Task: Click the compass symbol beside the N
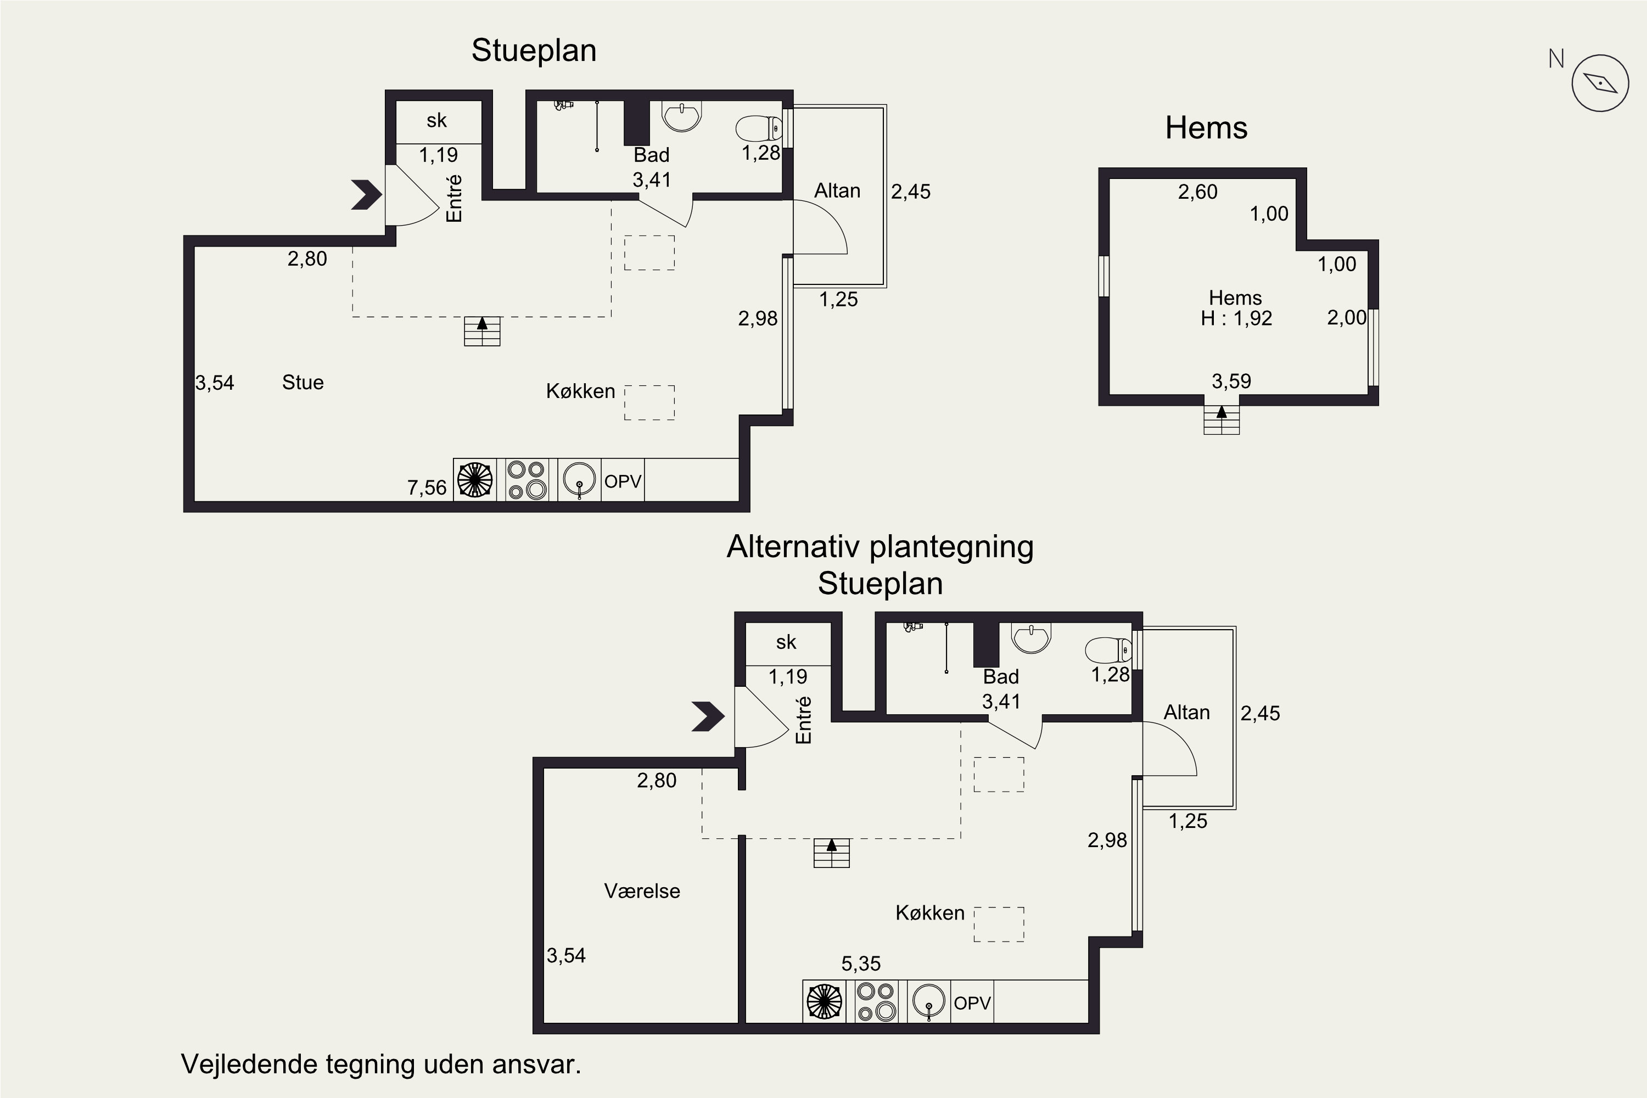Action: click(1600, 83)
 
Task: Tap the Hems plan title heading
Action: click(1206, 128)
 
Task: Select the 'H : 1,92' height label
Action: click(1236, 318)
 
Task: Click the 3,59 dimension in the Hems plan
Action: click(1231, 382)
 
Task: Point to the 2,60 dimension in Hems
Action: click(1197, 192)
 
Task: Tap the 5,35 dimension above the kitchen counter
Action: click(861, 964)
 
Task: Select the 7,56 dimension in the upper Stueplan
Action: click(427, 488)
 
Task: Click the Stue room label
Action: click(302, 382)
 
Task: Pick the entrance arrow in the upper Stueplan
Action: click(366, 195)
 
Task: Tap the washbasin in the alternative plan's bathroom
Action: click(1031, 637)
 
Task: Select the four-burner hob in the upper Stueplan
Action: click(526, 480)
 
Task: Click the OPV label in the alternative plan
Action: click(972, 1004)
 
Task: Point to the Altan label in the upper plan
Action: click(837, 191)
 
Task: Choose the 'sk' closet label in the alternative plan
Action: click(786, 642)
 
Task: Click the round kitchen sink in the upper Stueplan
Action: click(580, 480)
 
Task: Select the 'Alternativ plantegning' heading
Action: click(880, 547)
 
